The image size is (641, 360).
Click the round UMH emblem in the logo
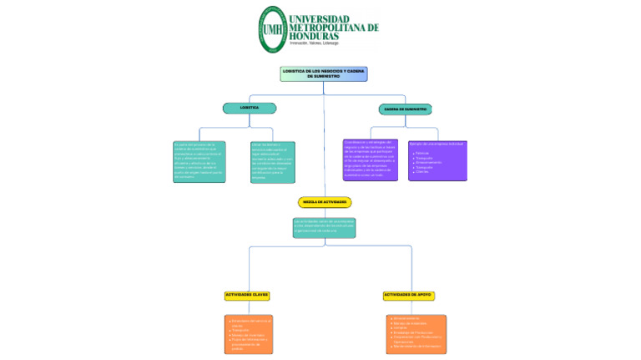(x=272, y=29)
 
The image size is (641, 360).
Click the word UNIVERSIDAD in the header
(x=331, y=18)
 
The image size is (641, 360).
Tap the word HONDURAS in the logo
(x=314, y=37)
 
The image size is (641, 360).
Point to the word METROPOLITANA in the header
(x=333, y=28)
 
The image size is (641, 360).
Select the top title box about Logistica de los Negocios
(x=324, y=74)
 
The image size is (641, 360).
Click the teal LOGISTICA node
(x=249, y=108)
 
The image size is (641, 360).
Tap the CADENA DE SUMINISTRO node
(x=406, y=109)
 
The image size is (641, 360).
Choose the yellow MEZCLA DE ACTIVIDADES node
(x=325, y=202)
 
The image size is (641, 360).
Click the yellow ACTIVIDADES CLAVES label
(x=246, y=295)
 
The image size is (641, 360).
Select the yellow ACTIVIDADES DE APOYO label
(x=408, y=295)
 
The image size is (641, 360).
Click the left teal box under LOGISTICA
(x=199, y=161)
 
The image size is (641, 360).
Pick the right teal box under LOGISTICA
(x=272, y=161)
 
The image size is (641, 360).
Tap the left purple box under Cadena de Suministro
(x=370, y=160)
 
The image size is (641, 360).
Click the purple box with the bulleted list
(x=437, y=160)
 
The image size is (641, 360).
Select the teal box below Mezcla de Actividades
(x=324, y=227)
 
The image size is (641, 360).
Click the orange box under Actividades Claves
(x=249, y=334)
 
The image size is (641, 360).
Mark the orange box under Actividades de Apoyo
(x=416, y=333)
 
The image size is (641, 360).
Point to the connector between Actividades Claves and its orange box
(x=247, y=307)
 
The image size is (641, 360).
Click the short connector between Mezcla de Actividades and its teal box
(x=325, y=212)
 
